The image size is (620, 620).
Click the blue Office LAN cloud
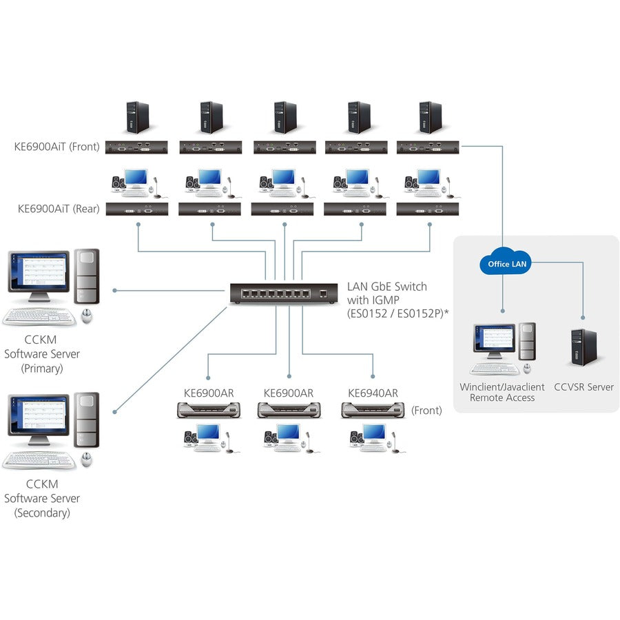pos(508,263)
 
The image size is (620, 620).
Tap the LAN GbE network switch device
pos(284,294)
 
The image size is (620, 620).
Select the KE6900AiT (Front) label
pos(56,146)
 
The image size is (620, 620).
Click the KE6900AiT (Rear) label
pos(59,209)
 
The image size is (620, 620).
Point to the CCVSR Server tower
pos(583,347)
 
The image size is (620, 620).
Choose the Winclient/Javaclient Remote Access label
pos(502,392)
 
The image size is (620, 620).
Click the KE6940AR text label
pos(373,393)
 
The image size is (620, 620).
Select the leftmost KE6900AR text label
pos(209,393)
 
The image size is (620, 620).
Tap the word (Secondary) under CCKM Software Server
pos(42,513)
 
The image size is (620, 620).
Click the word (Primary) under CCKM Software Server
pos(42,369)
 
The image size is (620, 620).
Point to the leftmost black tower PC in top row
pos(137,117)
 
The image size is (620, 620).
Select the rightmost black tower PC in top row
pos(429,117)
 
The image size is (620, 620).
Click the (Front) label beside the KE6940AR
pos(426,411)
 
